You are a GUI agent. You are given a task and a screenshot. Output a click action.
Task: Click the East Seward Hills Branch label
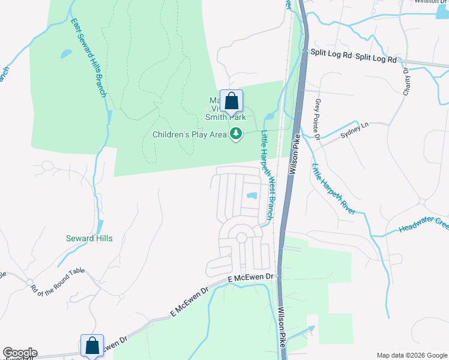pyautogui.click(x=89, y=58)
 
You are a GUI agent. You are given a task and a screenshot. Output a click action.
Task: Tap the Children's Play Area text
pyautogui.click(x=189, y=135)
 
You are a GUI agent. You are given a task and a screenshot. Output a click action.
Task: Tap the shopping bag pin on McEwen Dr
pyautogui.click(x=92, y=346)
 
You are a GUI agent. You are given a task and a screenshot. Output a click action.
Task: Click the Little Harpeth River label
pyautogui.click(x=333, y=188)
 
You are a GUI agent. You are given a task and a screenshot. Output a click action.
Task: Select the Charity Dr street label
pyautogui.click(x=406, y=79)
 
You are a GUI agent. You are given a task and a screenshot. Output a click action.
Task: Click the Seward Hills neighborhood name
pyautogui.click(x=89, y=238)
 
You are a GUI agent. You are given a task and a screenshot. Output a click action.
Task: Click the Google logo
pyautogui.click(x=19, y=352)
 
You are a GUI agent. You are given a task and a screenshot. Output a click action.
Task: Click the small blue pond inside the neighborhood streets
pyautogui.click(x=252, y=196)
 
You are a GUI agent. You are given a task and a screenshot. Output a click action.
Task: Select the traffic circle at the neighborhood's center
pyautogui.click(x=241, y=238)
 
